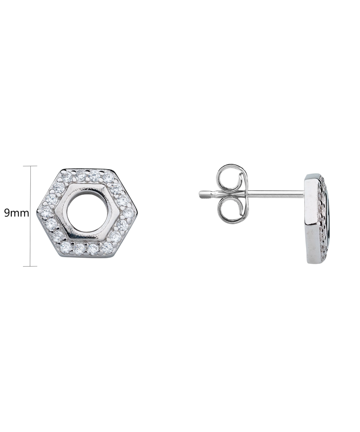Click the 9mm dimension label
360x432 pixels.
(16, 213)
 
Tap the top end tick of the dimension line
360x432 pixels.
(30, 166)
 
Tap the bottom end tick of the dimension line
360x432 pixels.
(30, 266)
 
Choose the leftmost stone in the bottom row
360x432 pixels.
(66, 248)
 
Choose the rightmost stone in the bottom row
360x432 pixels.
(107, 248)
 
